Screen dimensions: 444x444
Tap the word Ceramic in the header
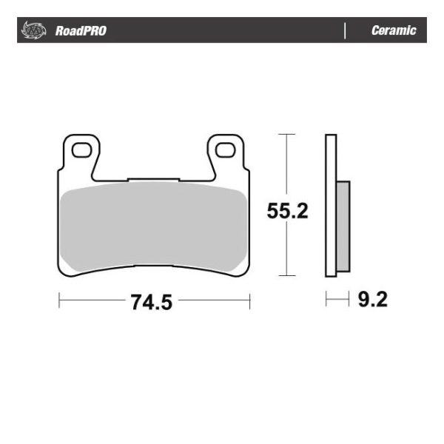(394, 31)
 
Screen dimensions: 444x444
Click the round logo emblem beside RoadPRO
(35, 31)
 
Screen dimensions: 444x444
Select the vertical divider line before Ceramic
(346, 31)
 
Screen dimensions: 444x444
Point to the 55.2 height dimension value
(287, 212)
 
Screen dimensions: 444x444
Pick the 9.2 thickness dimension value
(372, 300)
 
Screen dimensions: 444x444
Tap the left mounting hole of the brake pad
(81, 151)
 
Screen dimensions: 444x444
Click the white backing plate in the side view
(331, 207)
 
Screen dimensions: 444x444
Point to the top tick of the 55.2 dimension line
(286, 135)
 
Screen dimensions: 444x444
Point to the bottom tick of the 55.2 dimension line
(286, 277)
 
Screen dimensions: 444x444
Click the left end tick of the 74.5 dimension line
(58, 301)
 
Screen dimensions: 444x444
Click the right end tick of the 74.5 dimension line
(249, 301)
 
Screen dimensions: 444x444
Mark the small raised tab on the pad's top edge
(153, 178)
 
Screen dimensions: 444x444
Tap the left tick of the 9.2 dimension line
(326, 300)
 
